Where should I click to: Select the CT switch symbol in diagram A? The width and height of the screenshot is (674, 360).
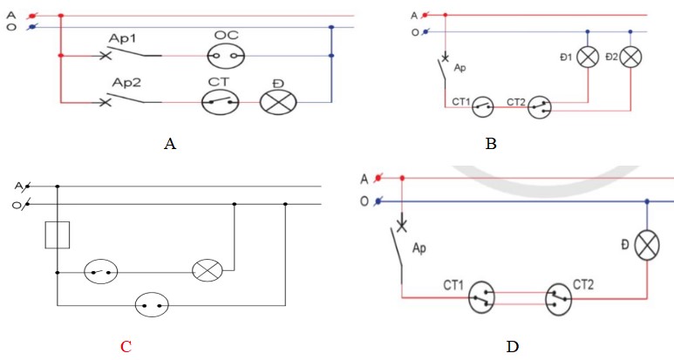coord(221,102)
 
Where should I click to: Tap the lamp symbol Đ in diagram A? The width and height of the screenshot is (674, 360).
coord(279,102)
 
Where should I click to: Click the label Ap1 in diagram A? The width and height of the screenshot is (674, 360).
coord(126,39)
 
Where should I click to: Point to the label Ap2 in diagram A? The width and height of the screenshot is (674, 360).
coord(126,83)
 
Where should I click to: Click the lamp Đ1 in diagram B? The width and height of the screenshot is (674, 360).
coord(588,58)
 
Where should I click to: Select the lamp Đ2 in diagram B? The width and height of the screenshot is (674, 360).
coord(630,58)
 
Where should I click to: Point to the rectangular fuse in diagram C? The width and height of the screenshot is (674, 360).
coord(58,234)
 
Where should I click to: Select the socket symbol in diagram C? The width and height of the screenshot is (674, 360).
coord(151,305)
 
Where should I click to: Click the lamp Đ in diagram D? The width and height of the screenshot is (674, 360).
coord(646,245)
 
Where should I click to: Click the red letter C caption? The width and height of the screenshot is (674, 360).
coord(126,347)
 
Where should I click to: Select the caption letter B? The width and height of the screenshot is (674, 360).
coord(492,144)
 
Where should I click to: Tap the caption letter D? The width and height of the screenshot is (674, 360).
coord(513,347)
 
